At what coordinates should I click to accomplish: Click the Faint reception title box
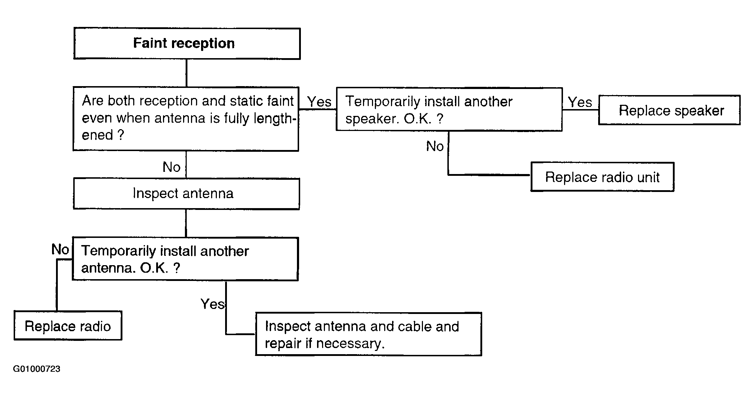[x=187, y=43]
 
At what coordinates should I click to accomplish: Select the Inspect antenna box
[x=186, y=194]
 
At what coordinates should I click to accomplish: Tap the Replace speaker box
[x=669, y=110]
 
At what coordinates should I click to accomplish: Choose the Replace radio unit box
[x=602, y=177]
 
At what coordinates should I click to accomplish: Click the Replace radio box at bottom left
[x=68, y=325]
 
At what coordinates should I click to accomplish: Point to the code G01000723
[x=37, y=369]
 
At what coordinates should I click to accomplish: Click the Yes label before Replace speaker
[x=580, y=102]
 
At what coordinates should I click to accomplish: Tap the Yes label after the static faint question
[x=319, y=102]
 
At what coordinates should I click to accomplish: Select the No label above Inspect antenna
[x=171, y=167]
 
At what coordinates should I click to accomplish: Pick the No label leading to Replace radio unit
[x=435, y=146]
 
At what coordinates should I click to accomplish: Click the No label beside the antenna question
[x=60, y=249]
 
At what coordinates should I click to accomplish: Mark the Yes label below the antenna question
[x=213, y=304]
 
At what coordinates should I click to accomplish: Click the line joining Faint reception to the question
[x=186, y=73]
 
